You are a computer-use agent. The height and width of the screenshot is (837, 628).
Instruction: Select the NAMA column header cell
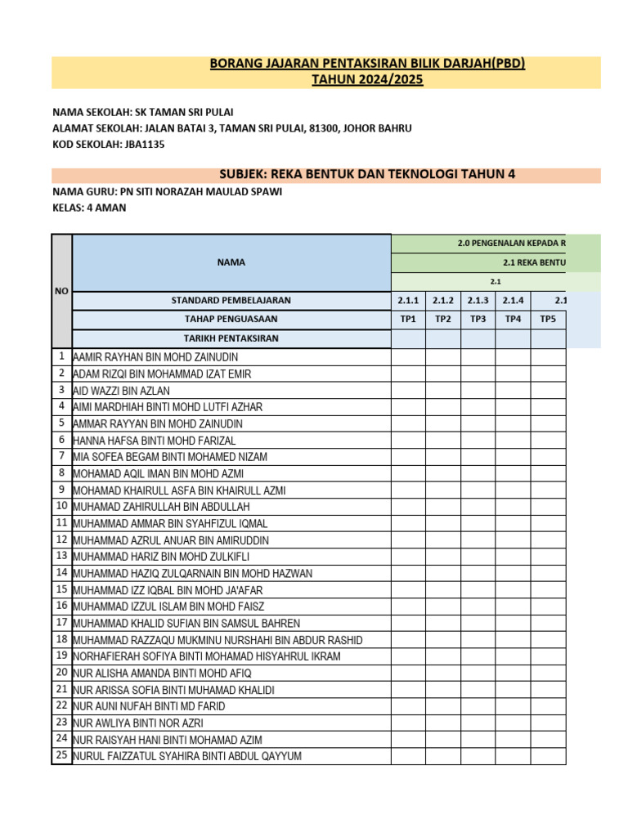[x=231, y=262]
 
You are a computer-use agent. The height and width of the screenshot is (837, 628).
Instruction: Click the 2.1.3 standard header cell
[x=478, y=300]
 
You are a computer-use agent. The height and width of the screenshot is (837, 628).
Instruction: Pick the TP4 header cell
[x=513, y=319]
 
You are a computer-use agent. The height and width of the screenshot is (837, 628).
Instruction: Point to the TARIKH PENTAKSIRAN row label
[x=231, y=338]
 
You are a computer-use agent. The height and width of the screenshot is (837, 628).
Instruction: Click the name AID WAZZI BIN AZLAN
[x=122, y=391]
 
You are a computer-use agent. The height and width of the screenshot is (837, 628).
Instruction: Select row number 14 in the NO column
[x=61, y=572]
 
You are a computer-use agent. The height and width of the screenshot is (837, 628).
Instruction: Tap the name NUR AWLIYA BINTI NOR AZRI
[x=138, y=723]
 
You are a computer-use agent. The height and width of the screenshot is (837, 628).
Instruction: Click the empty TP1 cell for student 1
[x=408, y=356]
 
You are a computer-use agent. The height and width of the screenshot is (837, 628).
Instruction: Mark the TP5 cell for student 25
[x=548, y=756]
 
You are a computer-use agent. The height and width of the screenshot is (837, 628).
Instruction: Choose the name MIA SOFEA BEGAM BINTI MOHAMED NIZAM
[x=170, y=457]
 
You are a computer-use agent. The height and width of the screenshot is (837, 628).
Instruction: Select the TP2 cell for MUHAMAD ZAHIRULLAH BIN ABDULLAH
[x=442, y=507]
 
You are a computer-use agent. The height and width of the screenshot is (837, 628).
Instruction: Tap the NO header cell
[x=61, y=291]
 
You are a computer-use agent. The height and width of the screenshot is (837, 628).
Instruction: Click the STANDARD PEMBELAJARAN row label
[x=231, y=300]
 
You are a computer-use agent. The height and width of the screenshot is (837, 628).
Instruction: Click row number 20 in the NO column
[x=61, y=672]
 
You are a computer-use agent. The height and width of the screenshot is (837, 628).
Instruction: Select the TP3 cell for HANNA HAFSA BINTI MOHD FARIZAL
[x=478, y=440]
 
